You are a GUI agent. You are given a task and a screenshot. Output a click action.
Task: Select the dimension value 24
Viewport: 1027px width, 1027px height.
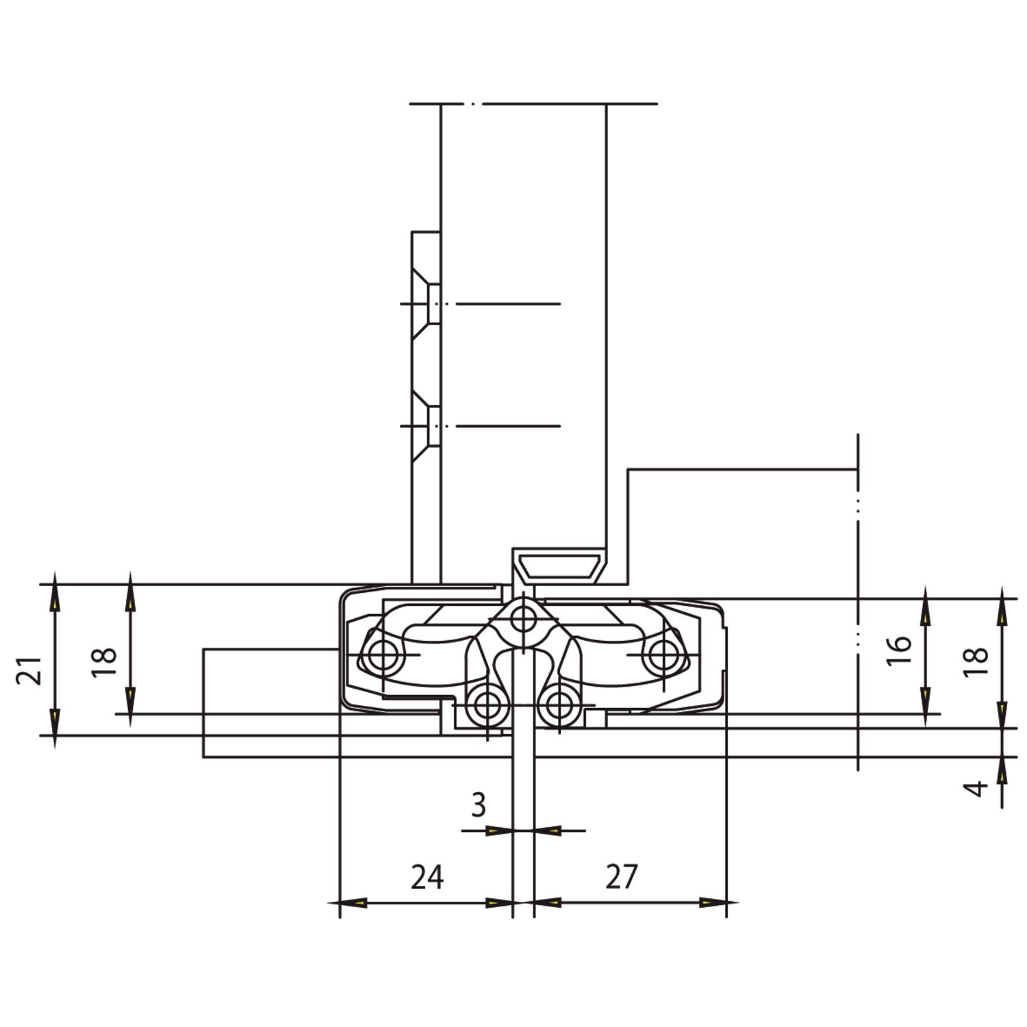tap(427, 877)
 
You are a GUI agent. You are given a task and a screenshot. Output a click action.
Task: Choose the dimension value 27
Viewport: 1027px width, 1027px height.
tap(622, 877)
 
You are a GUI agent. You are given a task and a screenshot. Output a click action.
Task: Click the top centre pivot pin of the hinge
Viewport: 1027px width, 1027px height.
tap(524, 620)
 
